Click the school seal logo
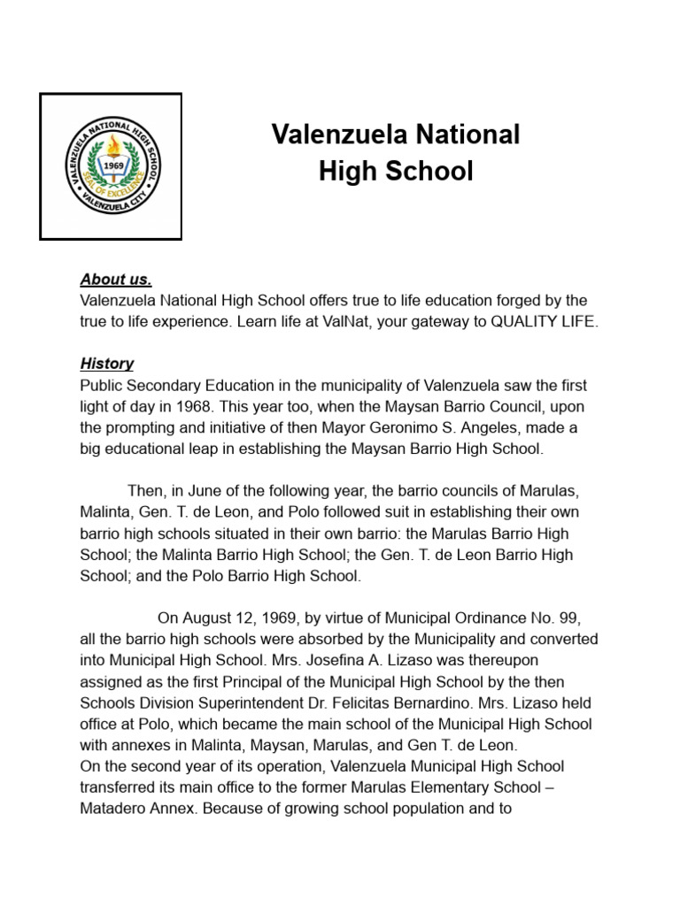tap(111, 165)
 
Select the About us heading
tap(116, 280)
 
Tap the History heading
tap(107, 363)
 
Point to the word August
tap(207, 618)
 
